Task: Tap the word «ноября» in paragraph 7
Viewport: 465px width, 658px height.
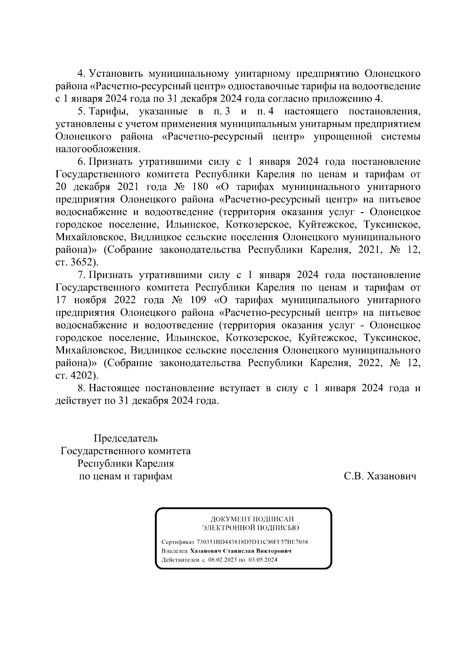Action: coord(89,300)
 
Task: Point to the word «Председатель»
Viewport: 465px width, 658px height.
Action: coord(126,439)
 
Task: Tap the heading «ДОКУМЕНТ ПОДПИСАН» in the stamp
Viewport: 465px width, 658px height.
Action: coord(252,519)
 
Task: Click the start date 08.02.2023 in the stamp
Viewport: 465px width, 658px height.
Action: coord(222,560)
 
